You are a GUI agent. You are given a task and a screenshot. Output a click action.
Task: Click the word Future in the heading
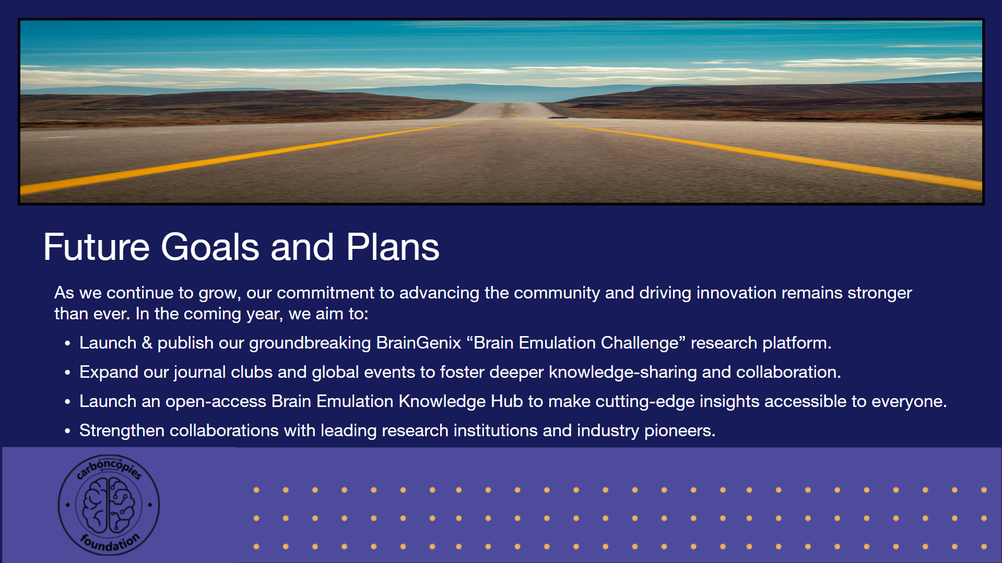(x=97, y=247)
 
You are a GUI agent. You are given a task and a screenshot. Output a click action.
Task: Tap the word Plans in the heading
(x=393, y=247)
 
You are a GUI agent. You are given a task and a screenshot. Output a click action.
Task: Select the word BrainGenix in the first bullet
(x=419, y=343)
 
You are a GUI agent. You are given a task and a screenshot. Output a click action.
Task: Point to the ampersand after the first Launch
(x=147, y=343)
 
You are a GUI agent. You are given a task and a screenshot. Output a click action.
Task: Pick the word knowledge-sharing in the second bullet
(x=623, y=373)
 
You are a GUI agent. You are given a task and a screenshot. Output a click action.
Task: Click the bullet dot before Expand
(x=67, y=373)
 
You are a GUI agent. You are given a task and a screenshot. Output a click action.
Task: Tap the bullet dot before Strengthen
(x=67, y=431)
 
